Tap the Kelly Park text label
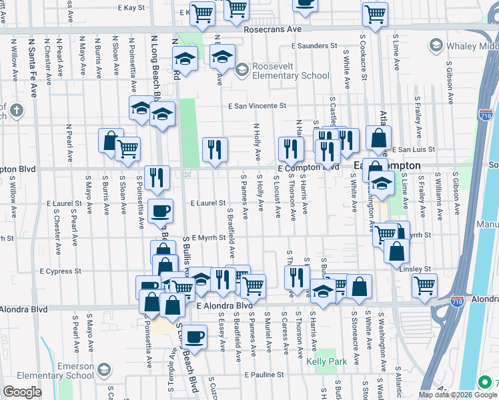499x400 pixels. coord(324,361)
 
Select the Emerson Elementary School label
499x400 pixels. coord(66,371)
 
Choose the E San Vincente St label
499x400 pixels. coord(257,105)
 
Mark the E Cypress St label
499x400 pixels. coord(61,271)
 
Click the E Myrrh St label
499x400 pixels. coord(209,237)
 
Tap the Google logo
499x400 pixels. coord(22,392)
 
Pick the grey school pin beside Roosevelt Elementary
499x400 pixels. coord(241,68)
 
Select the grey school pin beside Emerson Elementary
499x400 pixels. coord(104,369)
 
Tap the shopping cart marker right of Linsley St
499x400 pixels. coord(424,285)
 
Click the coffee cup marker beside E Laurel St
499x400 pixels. coord(160,211)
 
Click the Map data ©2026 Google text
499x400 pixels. coord(447,394)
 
